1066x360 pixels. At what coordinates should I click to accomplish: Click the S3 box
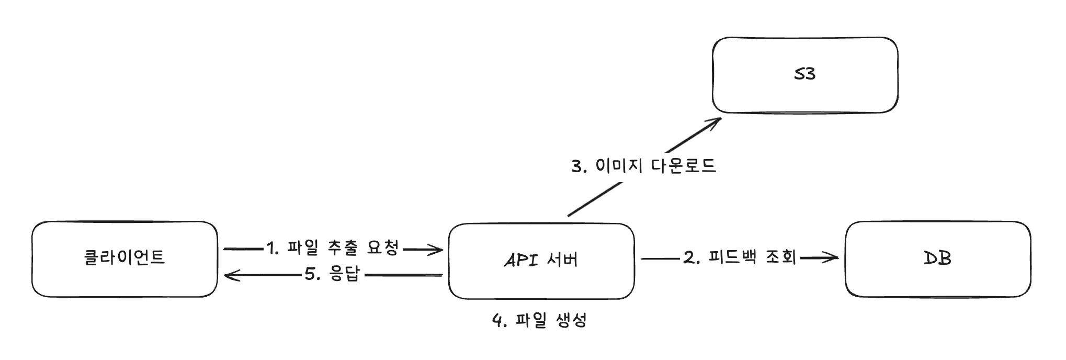point(804,75)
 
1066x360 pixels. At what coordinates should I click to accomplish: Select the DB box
point(937,258)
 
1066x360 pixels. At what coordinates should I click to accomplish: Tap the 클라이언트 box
point(124,258)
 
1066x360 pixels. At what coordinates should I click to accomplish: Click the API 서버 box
point(541,261)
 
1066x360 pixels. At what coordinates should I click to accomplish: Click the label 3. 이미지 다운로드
point(643,166)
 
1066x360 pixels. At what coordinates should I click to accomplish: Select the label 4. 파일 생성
point(539,320)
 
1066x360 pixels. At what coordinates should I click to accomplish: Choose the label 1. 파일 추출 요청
point(333,248)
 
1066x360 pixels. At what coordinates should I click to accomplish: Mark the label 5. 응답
point(333,274)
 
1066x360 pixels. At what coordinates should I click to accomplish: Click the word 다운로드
point(683,166)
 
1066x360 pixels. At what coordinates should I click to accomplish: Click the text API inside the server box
point(521,260)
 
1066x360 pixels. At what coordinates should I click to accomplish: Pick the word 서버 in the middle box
point(562,260)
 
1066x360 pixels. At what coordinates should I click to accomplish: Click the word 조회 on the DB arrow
point(780,257)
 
